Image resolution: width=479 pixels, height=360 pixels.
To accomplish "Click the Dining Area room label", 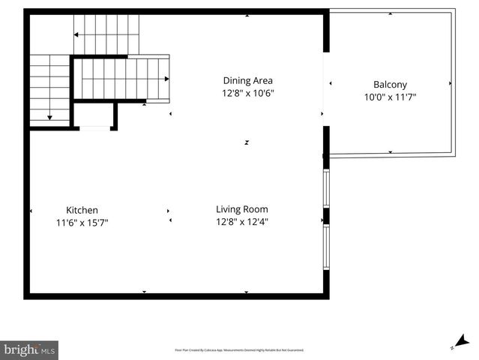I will pyautogui.click(x=247, y=80).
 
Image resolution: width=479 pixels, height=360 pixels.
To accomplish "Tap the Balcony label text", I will pyautogui.click(x=390, y=85).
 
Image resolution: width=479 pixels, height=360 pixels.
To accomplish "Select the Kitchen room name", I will pyautogui.click(x=82, y=210).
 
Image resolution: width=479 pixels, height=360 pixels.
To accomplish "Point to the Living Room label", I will pyautogui.click(x=242, y=209).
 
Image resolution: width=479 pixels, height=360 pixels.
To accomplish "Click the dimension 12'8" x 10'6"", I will pyautogui.click(x=247, y=94).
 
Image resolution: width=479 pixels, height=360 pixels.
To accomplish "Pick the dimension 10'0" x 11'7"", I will pyautogui.click(x=390, y=97).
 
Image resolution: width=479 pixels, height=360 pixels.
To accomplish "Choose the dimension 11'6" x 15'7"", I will pyautogui.click(x=82, y=223).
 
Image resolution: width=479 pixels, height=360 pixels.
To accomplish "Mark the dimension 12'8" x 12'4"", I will pyautogui.click(x=242, y=221).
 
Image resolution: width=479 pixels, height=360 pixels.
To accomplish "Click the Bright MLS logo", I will pyautogui.click(x=29, y=349).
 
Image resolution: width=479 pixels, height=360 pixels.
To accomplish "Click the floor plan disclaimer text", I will pyautogui.click(x=239, y=349).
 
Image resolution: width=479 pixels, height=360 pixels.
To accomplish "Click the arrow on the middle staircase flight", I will pyautogui.click(x=165, y=79).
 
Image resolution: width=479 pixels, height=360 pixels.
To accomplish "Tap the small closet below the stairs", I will pyautogui.click(x=94, y=115).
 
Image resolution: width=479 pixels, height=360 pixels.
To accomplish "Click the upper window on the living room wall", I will pyautogui.click(x=326, y=188).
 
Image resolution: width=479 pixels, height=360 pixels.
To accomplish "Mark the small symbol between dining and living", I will pyautogui.click(x=247, y=142).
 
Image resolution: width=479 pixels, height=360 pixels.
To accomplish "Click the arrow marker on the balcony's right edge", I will pyautogui.click(x=450, y=83).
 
